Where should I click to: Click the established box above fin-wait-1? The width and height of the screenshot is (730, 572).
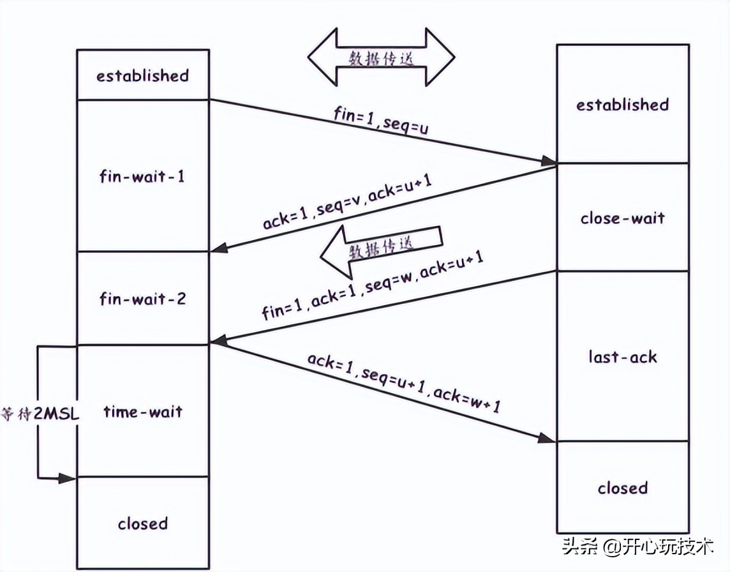click(142, 75)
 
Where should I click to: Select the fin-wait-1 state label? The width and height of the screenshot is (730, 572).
click(142, 176)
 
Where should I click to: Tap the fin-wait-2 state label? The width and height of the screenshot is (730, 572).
click(142, 298)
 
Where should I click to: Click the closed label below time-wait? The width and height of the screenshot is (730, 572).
click(142, 523)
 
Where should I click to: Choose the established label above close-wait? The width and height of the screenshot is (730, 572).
click(622, 105)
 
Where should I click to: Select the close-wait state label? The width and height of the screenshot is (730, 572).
click(622, 218)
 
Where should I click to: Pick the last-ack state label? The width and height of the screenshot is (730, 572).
click(622, 357)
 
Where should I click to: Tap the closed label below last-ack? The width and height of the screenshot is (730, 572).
click(622, 488)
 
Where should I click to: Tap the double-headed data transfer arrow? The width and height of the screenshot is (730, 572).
click(381, 58)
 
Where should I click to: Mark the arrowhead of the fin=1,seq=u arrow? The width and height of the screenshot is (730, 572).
click(549, 162)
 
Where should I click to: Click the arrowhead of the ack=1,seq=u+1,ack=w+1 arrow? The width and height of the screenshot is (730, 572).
click(547, 439)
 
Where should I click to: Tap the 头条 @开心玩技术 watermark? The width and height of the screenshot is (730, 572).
click(637, 546)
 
